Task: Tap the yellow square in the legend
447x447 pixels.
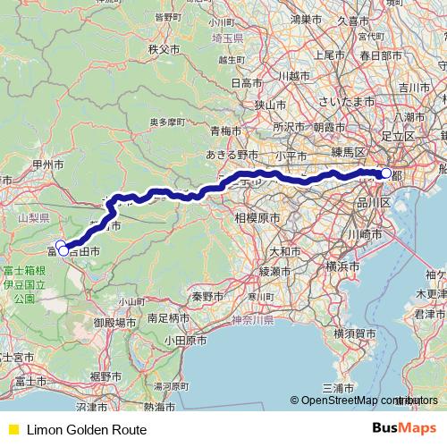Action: click(12, 430)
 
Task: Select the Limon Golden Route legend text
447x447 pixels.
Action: click(87, 430)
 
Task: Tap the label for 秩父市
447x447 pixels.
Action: click(165, 48)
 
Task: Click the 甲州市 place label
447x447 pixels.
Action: click(46, 165)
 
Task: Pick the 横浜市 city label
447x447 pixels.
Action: click(343, 266)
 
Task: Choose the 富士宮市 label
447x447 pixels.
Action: click(20, 357)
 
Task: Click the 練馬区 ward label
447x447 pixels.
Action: click(349, 151)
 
